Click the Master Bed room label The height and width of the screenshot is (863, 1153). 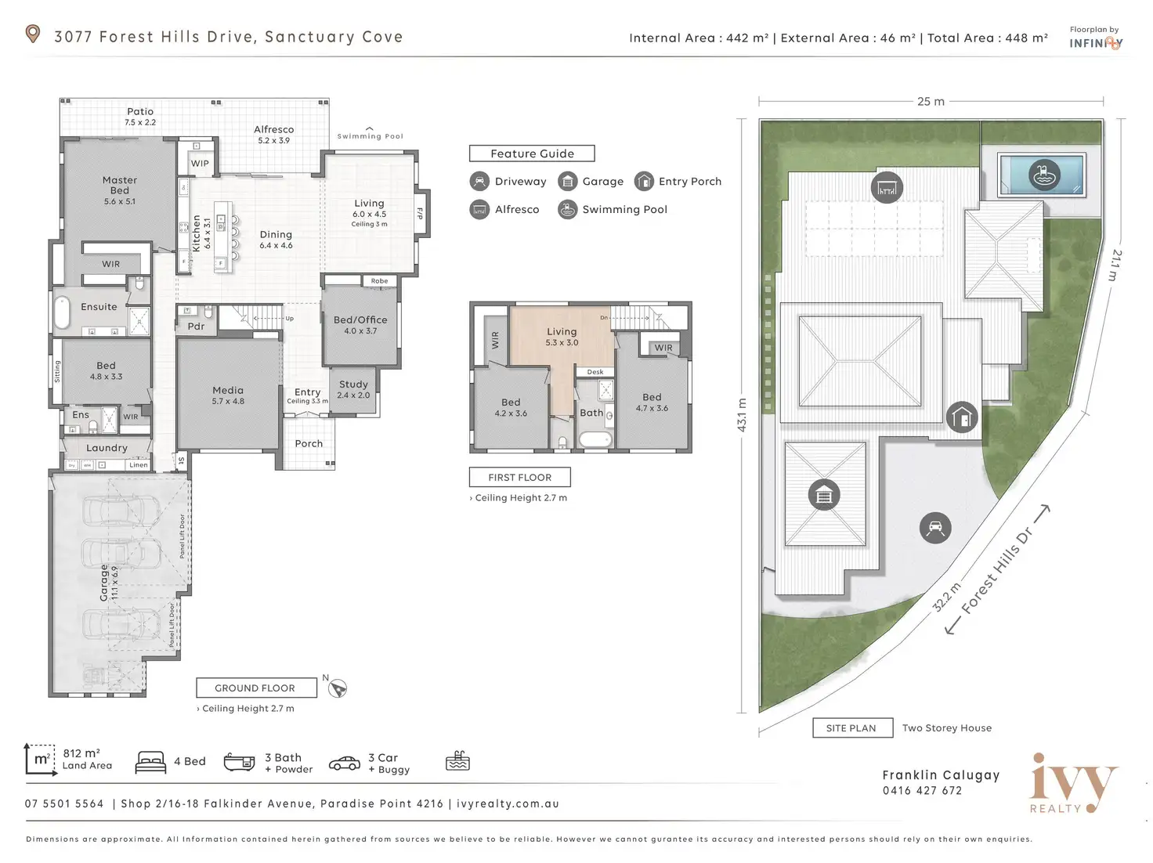click(x=120, y=185)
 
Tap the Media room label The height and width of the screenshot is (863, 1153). click(x=228, y=390)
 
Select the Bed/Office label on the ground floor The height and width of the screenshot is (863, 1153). click(x=360, y=320)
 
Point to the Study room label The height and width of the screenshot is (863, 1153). click(x=353, y=385)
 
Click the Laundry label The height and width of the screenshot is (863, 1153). click(x=107, y=448)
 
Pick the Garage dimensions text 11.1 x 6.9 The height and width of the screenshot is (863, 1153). click(x=114, y=583)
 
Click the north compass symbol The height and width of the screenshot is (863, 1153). click(x=338, y=688)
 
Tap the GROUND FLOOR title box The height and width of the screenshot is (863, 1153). click(x=255, y=688)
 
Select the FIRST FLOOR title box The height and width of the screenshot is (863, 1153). click(x=519, y=477)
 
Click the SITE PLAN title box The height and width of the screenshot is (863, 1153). click(x=851, y=728)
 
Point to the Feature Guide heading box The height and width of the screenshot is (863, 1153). click(x=532, y=153)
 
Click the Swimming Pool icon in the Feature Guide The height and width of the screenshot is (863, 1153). click(x=567, y=209)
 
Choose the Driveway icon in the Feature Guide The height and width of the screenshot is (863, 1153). click(x=479, y=181)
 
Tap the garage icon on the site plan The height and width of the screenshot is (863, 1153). click(x=824, y=495)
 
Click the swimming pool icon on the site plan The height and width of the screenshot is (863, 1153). click(x=1043, y=175)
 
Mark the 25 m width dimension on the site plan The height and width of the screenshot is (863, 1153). click(x=931, y=102)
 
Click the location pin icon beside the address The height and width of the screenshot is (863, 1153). click(x=33, y=34)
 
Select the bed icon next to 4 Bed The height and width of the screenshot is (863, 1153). click(x=150, y=762)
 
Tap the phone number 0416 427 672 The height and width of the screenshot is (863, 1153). click(x=922, y=790)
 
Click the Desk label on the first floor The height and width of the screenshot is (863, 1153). click(x=595, y=372)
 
